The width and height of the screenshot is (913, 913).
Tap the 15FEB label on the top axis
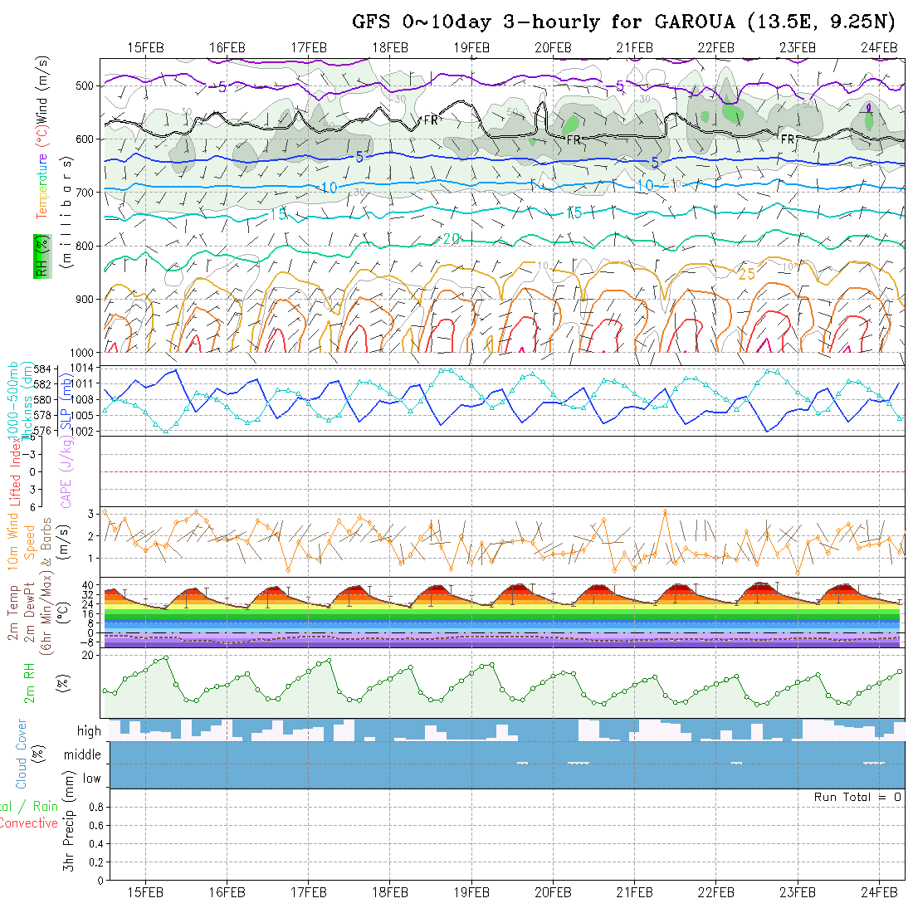[x=146, y=46]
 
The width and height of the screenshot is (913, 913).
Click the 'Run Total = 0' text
[x=857, y=797]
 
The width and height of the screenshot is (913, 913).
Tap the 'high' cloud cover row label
[x=89, y=731]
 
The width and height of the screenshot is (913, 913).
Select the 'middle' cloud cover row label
[x=82, y=755]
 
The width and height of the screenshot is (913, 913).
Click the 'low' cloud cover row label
[x=91, y=779]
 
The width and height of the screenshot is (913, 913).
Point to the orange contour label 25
[x=746, y=274]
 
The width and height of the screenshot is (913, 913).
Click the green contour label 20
[x=452, y=239]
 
